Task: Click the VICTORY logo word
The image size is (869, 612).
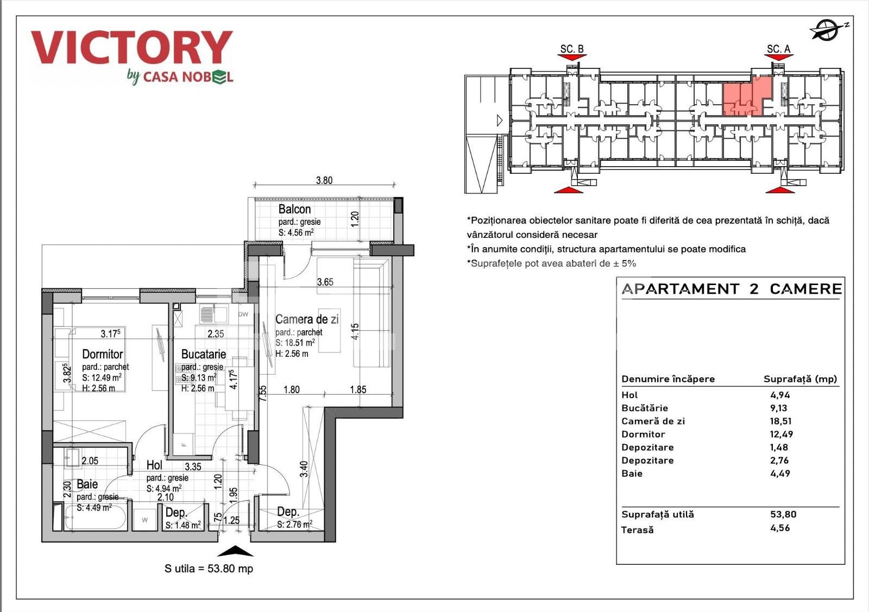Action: coord(131,48)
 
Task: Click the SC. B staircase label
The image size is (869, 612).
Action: coord(571,49)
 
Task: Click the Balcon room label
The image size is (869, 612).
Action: coord(294,209)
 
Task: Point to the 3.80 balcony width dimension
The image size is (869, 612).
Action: coord(324,180)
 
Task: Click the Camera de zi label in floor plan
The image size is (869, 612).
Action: coord(306,319)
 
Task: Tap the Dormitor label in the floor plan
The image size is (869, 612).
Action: coord(102,354)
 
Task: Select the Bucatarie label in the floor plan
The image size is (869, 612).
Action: coord(203,354)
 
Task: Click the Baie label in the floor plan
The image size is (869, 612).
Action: coord(87,484)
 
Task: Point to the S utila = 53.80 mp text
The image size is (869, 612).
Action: coord(209,569)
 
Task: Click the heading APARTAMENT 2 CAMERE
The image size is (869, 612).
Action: coord(731,289)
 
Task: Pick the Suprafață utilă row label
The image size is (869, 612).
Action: coord(657,514)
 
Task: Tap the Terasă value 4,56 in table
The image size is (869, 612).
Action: coord(779,528)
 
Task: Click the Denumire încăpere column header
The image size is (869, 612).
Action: coord(668,379)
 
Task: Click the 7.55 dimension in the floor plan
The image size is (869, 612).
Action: coord(263,393)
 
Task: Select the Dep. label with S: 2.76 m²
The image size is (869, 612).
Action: coord(288,512)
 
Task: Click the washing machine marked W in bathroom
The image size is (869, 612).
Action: coord(145,520)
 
